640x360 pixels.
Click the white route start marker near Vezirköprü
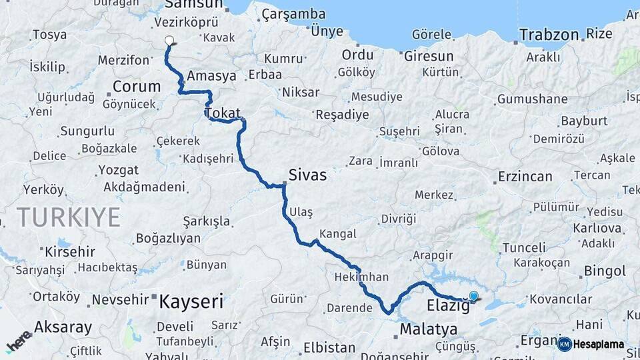point(169,41)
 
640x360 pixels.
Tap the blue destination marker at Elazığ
point(473,296)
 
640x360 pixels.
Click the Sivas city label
point(307,175)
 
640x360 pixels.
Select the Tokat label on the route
point(223,113)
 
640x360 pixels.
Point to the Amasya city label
point(211,76)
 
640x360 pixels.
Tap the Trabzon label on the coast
point(550,34)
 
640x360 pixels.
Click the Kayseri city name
point(191,302)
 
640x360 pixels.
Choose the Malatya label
point(429,329)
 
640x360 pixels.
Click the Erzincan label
point(525,177)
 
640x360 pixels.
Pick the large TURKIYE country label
point(69,217)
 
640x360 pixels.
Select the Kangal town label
point(338,234)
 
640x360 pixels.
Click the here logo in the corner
point(19,341)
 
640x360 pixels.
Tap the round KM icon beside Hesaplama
point(564,344)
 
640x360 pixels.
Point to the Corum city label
point(137,86)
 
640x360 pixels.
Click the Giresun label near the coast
point(428,56)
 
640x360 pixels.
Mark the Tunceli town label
point(524,247)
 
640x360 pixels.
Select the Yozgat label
point(118,170)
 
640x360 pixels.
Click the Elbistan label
point(329,347)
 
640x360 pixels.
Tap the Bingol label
point(605,271)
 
